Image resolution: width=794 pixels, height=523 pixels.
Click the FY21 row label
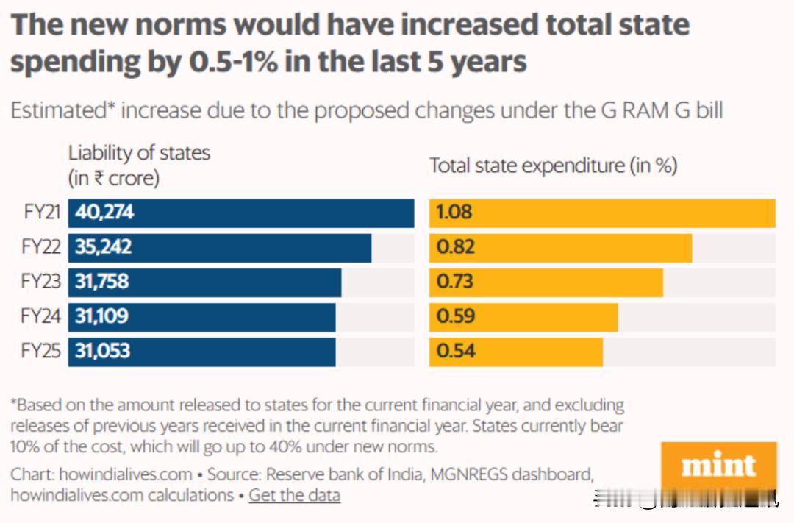[x=41, y=213]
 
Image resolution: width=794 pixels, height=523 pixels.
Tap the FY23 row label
[x=41, y=282]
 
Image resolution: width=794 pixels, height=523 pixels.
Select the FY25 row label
[x=41, y=351]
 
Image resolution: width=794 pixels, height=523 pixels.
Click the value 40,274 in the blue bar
[x=104, y=213]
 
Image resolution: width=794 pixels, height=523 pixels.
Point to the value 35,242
[x=104, y=247]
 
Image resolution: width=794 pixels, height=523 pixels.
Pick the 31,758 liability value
[x=101, y=282]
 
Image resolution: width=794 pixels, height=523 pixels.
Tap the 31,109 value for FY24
[x=101, y=316]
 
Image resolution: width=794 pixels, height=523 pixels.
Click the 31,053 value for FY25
[x=102, y=351]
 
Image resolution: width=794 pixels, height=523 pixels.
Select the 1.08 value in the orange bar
[x=454, y=213]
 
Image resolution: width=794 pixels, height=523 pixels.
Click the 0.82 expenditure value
[x=454, y=247]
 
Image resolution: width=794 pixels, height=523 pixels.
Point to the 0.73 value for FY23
[x=454, y=282]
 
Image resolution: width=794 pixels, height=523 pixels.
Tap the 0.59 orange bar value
[x=454, y=316]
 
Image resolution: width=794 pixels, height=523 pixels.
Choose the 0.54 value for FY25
[x=454, y=351]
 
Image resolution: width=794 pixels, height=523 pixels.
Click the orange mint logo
[x=718, y=466]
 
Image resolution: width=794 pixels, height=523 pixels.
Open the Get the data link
[x=294, y=495]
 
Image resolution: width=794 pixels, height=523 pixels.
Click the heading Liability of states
[x=139, y=153]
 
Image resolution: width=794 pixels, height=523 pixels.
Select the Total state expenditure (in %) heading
[x=553, y=166]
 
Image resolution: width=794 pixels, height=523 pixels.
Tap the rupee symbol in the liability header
[x=98, y=179]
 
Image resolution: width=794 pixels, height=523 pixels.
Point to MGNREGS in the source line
[x=483, y=474]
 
